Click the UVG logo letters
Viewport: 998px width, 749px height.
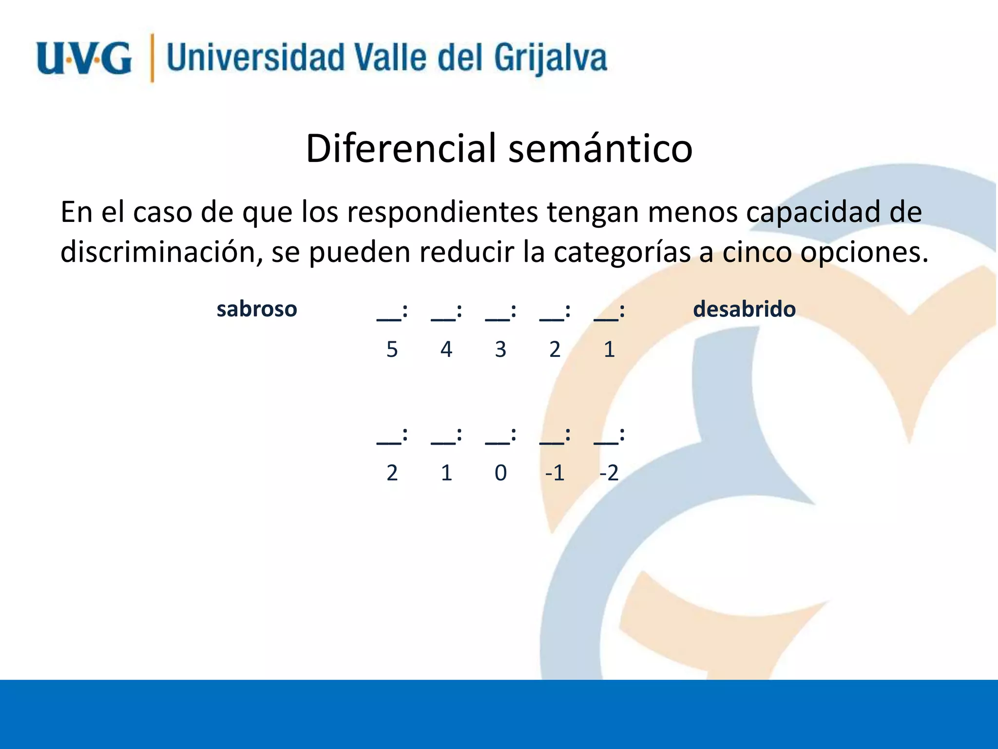tap(84, 59)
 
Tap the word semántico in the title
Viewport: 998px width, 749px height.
tap(600, 148)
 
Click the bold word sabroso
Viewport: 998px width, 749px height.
tap(257, 309)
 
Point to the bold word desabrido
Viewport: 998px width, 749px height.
tap(744, 309)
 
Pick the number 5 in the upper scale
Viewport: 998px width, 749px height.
tap(392, 350)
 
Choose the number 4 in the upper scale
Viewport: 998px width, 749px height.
tap(446, 350)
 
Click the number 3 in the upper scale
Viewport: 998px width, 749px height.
tap(500, 350)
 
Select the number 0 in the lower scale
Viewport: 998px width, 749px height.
tap(500, 473)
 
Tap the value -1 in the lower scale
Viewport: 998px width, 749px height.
tap(555, 473)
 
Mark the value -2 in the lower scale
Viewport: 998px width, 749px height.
tap(609, 473)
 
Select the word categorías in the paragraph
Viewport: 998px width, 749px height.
tap(622, 252)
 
